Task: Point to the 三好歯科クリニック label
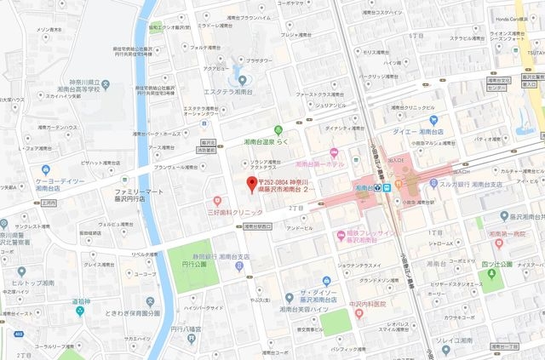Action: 235,210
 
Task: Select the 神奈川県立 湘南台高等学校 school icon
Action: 73,88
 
